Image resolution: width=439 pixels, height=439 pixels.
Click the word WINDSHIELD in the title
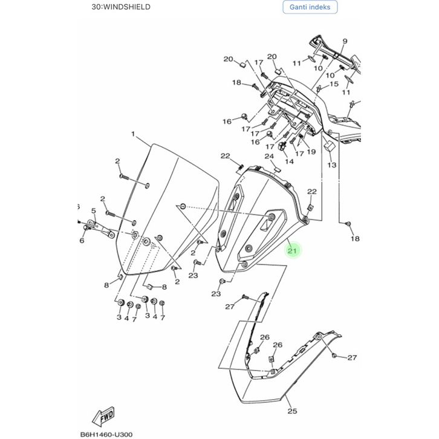pos(128,7)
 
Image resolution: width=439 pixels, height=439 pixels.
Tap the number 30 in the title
pos(97,7)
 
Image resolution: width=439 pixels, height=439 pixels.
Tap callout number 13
pos(331,164)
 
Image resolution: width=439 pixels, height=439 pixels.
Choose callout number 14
pos(289,161)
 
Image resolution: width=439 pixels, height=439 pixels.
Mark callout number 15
pos(334,84)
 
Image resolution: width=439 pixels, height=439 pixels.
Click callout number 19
pos(311,152)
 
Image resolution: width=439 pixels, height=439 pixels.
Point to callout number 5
pos(94,210)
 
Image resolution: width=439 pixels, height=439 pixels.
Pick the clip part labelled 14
pos(284,147)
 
